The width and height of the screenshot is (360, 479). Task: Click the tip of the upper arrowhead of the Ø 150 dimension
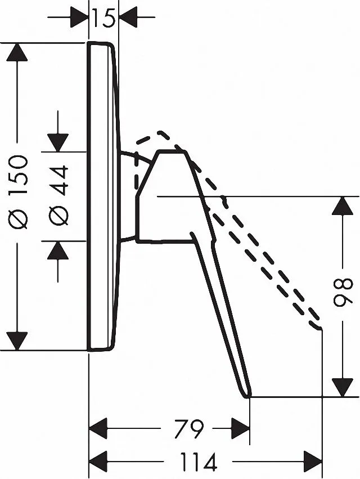[17, 43]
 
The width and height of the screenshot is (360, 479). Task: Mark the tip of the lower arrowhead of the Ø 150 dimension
[17, 351]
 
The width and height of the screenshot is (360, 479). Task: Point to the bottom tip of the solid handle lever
[248, 397]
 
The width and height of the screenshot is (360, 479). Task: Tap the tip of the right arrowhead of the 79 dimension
[250, 428]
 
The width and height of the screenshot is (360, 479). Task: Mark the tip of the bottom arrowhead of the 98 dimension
[343, 397]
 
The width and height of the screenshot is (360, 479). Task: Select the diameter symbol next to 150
[17, 219]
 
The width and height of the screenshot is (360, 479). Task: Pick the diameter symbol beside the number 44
[58, 215]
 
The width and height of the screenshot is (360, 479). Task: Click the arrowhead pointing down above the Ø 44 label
[58, 142]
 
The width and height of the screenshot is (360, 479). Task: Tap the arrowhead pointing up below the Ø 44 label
[58, 250]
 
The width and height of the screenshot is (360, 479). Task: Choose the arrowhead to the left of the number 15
[79, 17]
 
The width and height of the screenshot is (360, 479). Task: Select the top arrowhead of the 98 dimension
[343, 206]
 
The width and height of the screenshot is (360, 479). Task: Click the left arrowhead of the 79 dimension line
[98, 428]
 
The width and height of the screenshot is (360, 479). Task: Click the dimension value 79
[188, 428]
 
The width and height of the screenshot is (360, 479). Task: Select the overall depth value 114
[199, 462]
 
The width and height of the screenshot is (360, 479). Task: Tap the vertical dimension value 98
[343, 292]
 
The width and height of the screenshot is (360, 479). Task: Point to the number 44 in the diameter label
[58, 181]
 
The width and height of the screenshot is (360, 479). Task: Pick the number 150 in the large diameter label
[17, 176]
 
